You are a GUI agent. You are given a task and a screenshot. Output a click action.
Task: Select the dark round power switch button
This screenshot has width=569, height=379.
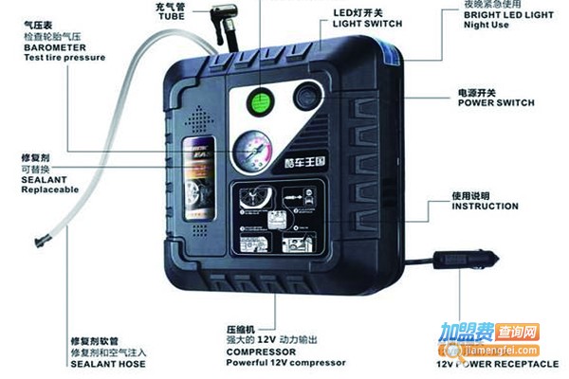coord(305,99)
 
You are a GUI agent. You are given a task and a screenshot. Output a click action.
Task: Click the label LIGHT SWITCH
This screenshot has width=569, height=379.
coord(370,23)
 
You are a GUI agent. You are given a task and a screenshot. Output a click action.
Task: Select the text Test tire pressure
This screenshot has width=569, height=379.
coord(64,58)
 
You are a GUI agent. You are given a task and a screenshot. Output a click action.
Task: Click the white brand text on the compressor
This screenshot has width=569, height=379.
coord(303,160)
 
